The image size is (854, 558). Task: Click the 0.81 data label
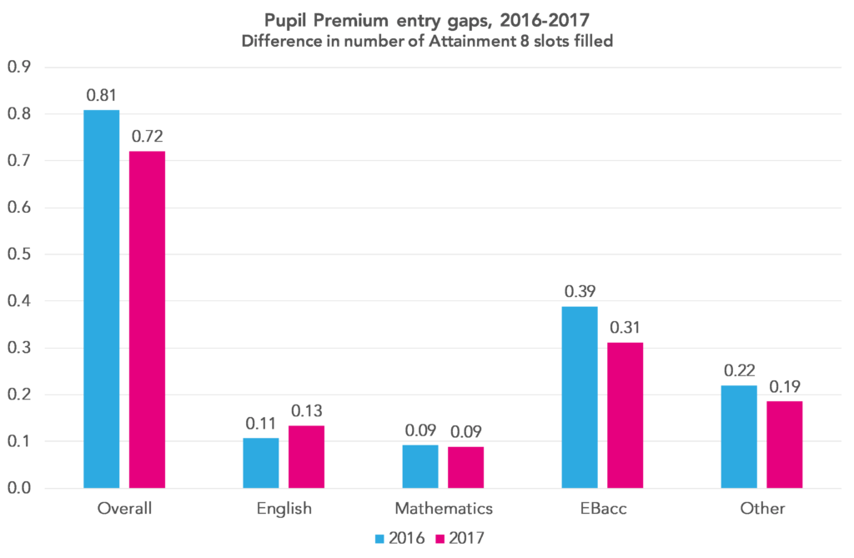[x=102, y=95]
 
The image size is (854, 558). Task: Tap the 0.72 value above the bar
[x=148, y=136]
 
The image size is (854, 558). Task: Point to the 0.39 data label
[x=580, y=291]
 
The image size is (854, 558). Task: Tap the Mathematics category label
[x=443, y=508]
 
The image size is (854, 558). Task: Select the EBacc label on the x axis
[x=602, y=508]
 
